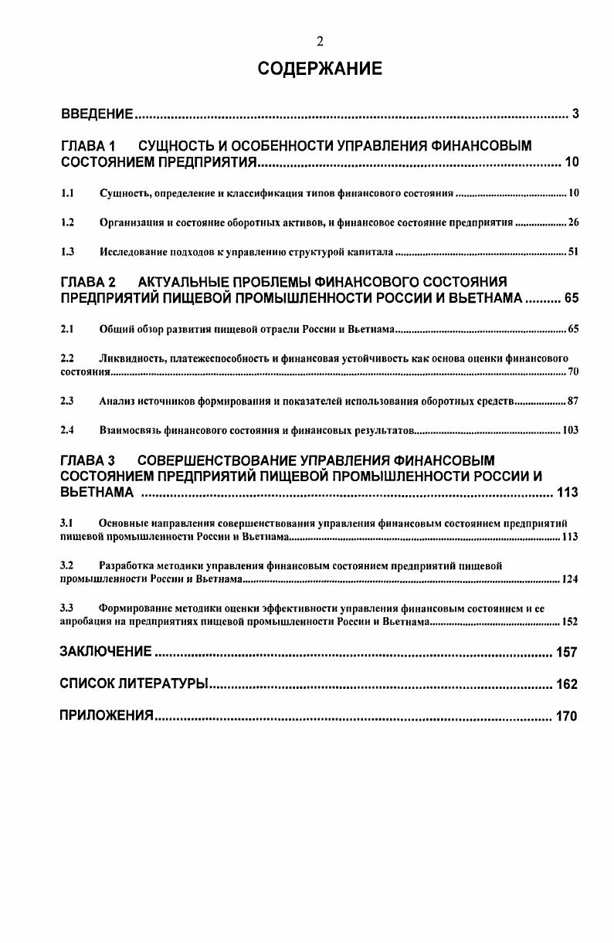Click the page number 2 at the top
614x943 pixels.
[320, 42]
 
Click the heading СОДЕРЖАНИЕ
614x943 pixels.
[320, 70]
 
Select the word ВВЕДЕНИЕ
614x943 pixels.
[98, 115]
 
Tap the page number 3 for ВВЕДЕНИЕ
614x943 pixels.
[575, 115]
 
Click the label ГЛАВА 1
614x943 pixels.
[87, 146]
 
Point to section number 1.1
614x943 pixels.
[67, 192]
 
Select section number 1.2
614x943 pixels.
[67, 222]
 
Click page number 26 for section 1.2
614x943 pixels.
[573, 222]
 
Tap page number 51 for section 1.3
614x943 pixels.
[573, 253]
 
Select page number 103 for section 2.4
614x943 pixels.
[571, 431]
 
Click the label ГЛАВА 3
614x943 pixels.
[87, 461]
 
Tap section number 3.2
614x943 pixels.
[67, 565]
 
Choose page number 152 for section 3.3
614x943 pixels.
[570, 621]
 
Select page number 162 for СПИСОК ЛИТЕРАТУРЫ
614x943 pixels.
[566, 684]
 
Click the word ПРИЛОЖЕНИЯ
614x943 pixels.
[107, 716]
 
